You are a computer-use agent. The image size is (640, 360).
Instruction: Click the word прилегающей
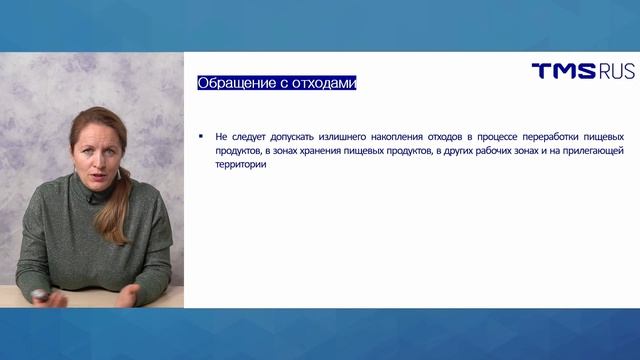coord(593,150)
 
